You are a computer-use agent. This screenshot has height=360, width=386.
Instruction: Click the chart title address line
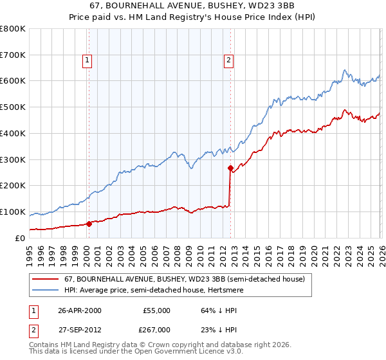pos(193,6)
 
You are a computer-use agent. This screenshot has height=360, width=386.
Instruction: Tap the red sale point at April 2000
pos(89,224)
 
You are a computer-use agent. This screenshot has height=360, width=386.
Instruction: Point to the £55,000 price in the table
pos(156,310)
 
